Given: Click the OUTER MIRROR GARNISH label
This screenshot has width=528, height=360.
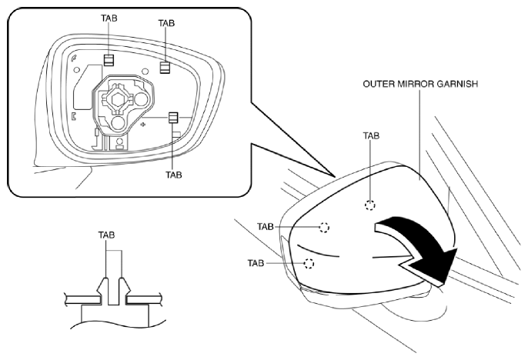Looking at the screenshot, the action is point(420,84).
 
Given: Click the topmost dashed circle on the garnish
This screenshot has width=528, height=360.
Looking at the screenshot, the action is point(369,205).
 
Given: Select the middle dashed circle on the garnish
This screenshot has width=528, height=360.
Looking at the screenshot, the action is point(324,228).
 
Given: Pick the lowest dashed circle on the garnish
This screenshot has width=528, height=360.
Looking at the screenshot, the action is point(309,263).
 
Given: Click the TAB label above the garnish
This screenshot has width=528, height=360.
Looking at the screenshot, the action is point(371,136).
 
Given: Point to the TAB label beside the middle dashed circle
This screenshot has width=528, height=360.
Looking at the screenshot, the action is point(266,227).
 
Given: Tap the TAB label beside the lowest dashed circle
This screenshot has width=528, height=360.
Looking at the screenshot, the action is point(256,263).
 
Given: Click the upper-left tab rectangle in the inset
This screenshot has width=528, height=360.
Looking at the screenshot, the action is point(109,60).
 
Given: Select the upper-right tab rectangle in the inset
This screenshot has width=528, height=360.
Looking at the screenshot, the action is point(165,67).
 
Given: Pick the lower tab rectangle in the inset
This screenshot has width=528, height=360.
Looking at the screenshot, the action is point(173,118).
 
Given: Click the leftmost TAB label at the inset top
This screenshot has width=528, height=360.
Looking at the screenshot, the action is point(109,18).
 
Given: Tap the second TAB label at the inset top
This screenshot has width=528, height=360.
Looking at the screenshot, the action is point(166,23).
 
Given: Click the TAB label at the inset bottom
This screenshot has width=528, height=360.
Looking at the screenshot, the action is point(174,175).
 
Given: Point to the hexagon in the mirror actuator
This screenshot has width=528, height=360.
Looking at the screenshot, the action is point(118,100).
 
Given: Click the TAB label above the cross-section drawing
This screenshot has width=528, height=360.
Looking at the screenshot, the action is point(106,235).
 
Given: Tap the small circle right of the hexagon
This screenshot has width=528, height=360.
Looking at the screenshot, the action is point(141,99).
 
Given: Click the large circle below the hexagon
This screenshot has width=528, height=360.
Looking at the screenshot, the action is point(119,124).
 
